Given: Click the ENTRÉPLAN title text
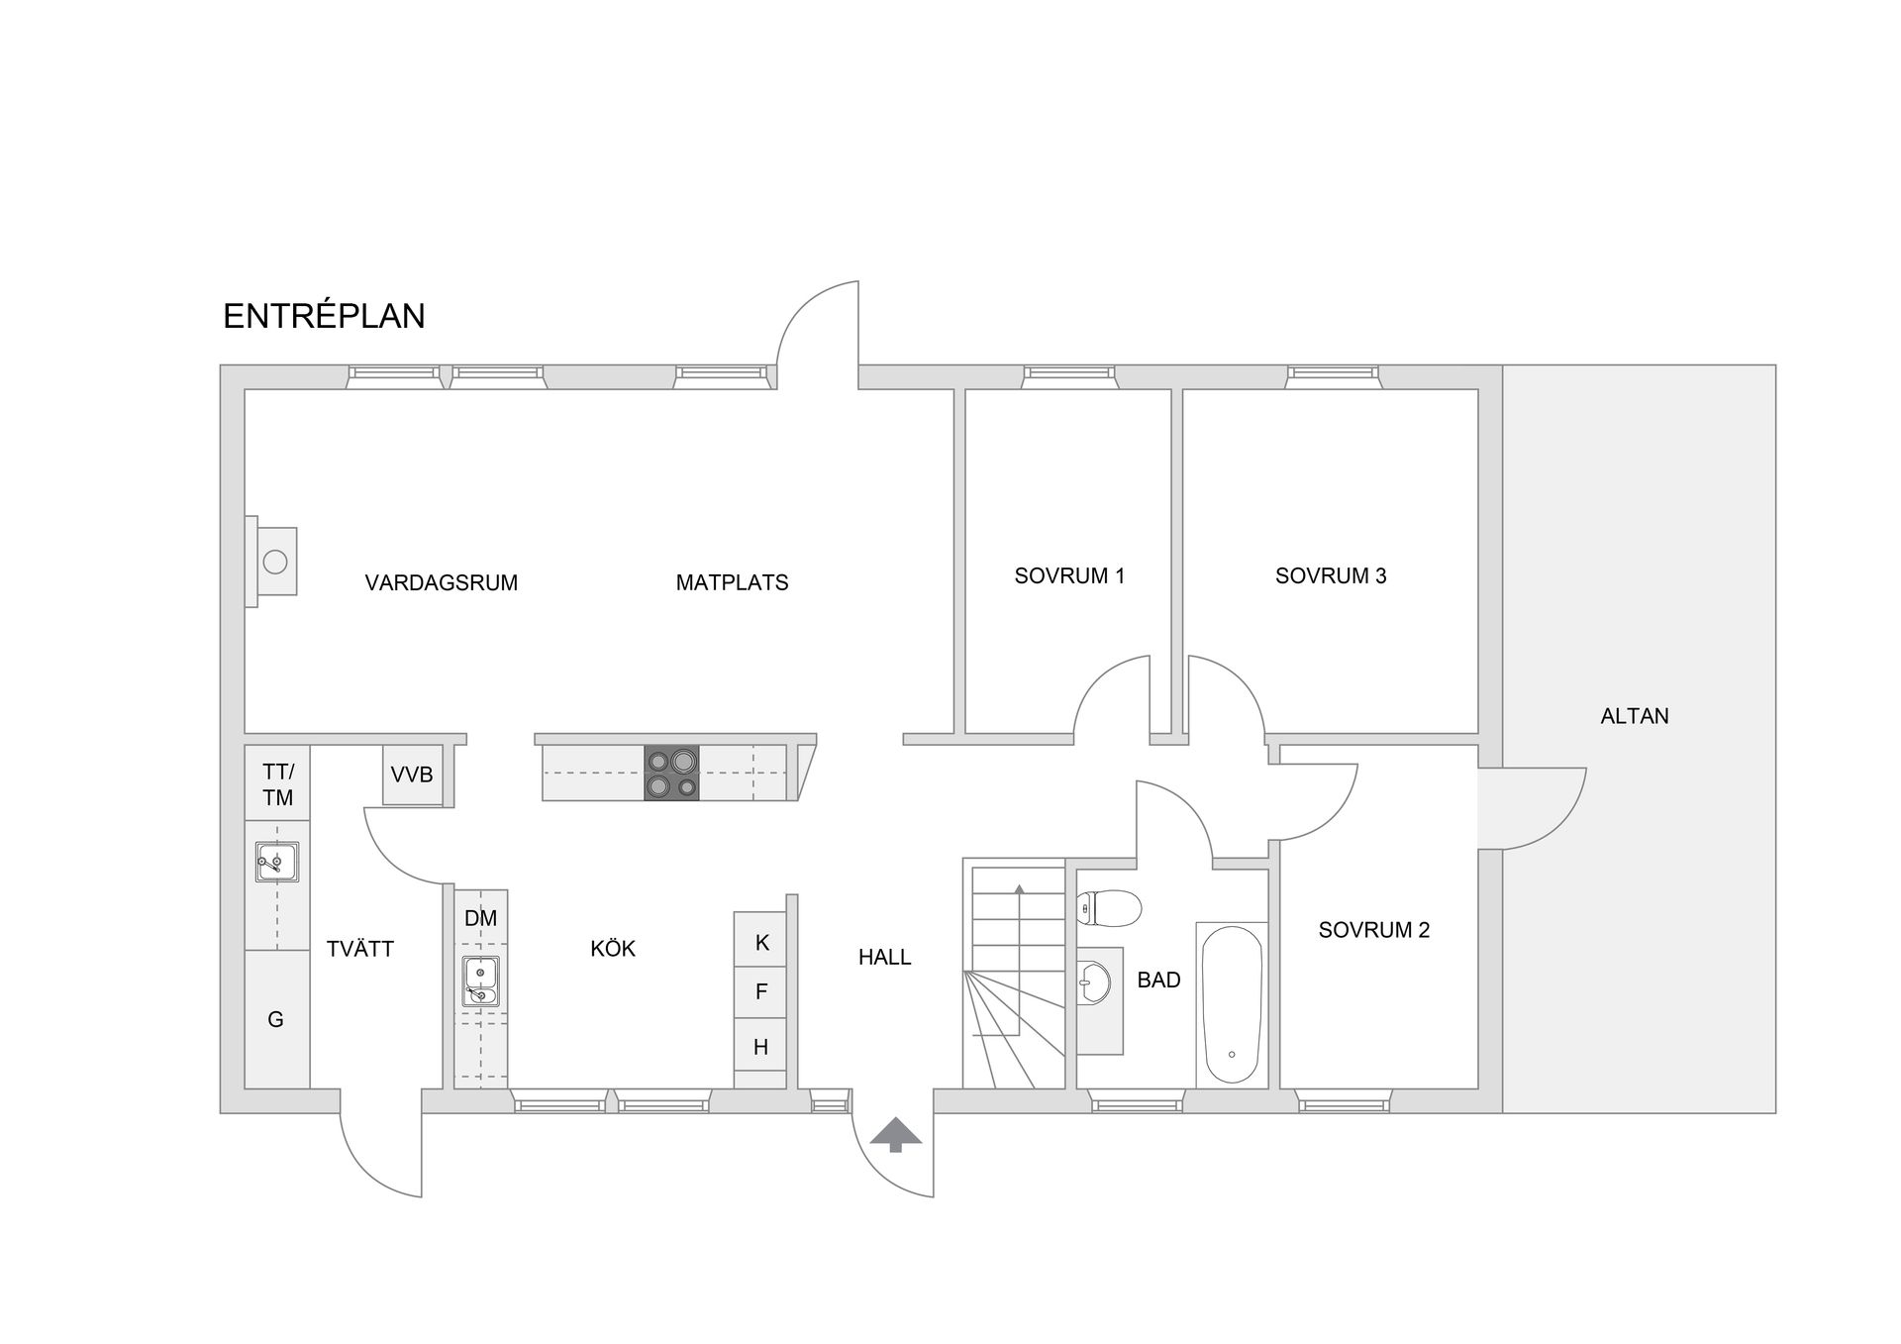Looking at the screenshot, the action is [324, 315].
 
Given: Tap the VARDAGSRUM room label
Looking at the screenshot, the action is [442, 582].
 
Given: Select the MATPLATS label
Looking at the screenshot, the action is [733, 582].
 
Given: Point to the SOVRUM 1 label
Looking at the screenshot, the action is [1070, 575].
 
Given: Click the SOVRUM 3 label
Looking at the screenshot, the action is [1331, 575].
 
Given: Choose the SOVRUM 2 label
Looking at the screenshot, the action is [1374, 930].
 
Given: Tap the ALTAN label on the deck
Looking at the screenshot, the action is [1635, 716].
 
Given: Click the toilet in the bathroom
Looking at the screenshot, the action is [1109, 907].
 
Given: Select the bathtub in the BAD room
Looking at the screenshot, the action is [1232, 1005].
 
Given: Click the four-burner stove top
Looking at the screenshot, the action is [671, 773].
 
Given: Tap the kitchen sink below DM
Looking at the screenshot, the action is [480, 981].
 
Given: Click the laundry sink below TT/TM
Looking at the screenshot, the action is [277, 862].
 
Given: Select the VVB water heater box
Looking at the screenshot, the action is [412, 775].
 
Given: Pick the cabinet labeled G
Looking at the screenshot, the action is [276, 1019].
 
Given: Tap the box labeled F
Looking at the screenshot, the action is [760, 992].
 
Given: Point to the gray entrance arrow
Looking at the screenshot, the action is [896, 1134].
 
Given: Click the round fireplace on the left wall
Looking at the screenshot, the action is [275, 562].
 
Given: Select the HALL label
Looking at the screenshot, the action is [884, 958].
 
